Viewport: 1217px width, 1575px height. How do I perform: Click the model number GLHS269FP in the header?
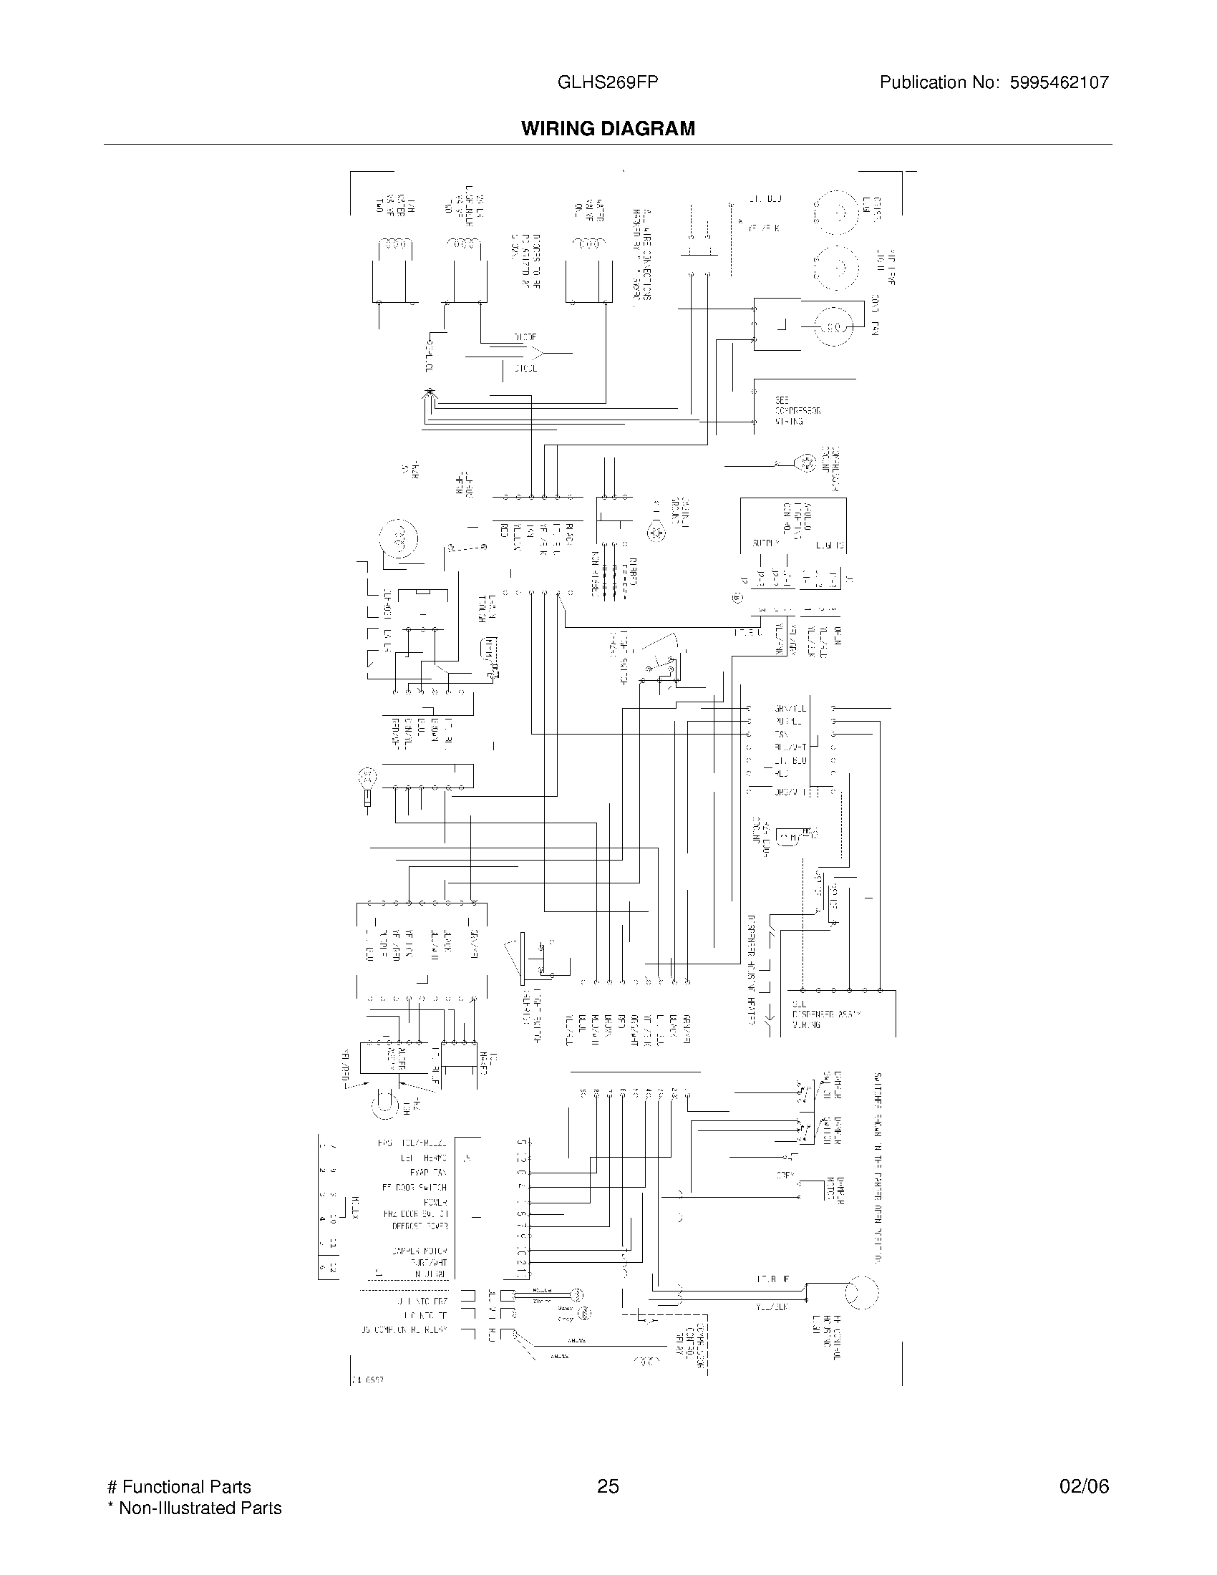[607, 82]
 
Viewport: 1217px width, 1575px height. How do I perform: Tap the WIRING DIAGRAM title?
[608, 128]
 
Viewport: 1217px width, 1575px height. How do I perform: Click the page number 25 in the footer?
[608, 1486]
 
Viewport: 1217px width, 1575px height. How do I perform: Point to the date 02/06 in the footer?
[1084, 1486]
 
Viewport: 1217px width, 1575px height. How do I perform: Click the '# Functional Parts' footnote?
[179, 1486]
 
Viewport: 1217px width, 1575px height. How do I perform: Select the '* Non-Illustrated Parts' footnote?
[194, 1507]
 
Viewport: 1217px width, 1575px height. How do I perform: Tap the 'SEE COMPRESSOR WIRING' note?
[797, 410]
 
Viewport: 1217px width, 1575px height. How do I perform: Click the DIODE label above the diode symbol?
[525, 336]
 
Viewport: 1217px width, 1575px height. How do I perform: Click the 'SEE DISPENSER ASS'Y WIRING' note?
[826, 1013]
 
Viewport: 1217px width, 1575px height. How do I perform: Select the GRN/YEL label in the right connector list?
[790, 709]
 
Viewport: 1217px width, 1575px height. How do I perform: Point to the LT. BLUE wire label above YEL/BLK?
[772, 1279]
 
